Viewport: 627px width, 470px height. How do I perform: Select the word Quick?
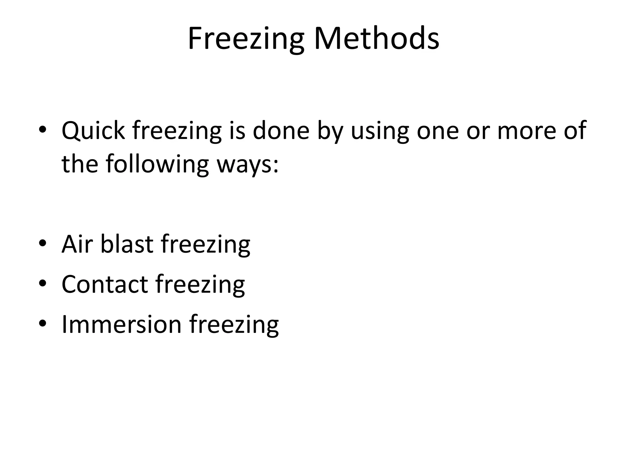[93, 131]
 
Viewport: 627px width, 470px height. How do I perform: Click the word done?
[281, 131]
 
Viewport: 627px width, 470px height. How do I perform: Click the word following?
[157, 164]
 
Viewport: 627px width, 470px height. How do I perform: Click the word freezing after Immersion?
[234, 325]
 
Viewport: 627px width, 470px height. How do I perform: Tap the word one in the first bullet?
[437, 131]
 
